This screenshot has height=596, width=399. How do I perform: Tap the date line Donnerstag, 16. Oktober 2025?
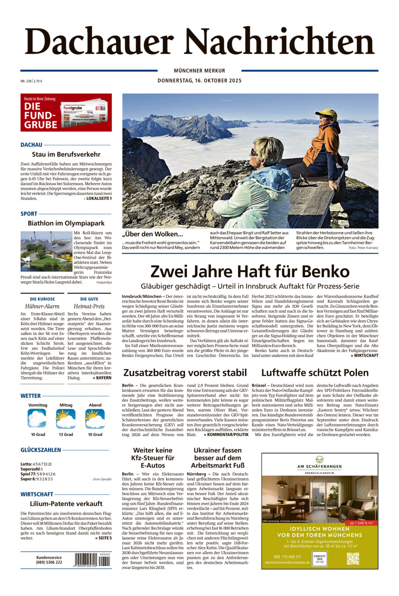[199, 80]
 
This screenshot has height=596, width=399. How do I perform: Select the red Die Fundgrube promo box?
[66, 112]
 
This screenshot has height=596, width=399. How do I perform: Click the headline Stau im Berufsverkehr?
[66, 155]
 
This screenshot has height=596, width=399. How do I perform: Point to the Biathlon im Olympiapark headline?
[66, 223]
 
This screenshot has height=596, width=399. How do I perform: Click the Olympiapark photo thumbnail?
[46, 251]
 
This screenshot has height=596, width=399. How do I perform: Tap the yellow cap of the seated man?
[326, 113]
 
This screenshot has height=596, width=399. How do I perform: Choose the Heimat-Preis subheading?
[89, 306]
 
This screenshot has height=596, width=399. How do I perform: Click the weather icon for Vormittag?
[37, 418]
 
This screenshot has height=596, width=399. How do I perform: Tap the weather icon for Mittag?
[66, 418]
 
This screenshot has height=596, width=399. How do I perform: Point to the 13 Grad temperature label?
[66, 434]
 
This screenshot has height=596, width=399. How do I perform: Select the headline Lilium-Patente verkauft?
[66, 503]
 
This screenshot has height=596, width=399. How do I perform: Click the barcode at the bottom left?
[92, 560]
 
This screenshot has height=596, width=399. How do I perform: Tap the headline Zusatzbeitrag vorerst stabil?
[185, 372]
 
